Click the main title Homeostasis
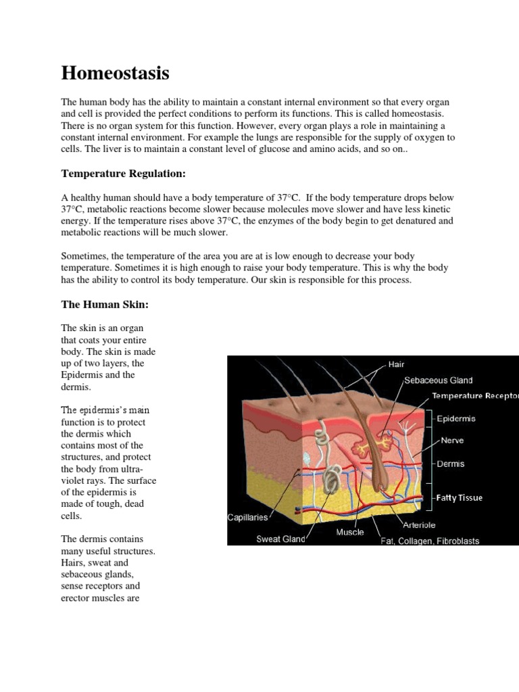point(115,73)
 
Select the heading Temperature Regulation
point(123,174)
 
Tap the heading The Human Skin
point(104,305)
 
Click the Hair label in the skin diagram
point(396,364)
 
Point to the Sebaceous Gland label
point(438,380)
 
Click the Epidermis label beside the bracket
point(455,418)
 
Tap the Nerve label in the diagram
point(452,440)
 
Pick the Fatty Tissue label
point(459,497)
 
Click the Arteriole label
point(419,524)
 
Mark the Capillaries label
point(247,518)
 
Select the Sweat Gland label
point(280,539)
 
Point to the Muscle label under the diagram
point(350,532)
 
